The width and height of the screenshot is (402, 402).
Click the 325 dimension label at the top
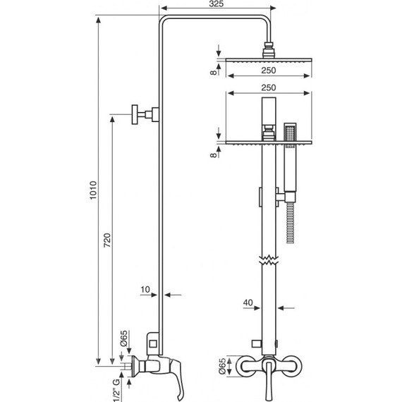tap(216, 4)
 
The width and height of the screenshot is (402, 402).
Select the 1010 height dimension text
tap(93, 190)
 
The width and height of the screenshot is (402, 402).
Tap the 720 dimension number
tap(107, 240)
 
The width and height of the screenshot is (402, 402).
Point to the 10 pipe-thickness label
tap(145, 289)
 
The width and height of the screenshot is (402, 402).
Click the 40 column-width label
tap(248, 303)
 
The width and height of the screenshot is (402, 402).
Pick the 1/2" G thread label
tap(116, 391)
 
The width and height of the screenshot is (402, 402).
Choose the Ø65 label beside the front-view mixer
tap(222, 366)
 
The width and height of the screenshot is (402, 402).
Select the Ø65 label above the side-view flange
tap(123, 339)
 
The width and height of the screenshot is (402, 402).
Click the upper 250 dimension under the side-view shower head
tap(269, 71)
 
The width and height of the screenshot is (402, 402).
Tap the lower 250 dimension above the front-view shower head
tap(269, 87)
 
